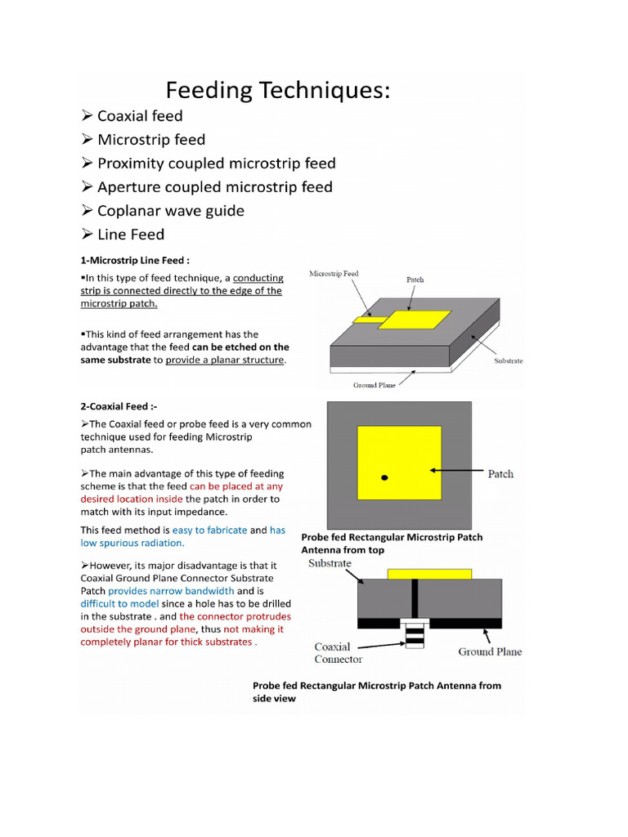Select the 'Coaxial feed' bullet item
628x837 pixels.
click(139, 116)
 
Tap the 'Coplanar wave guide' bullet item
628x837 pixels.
click(170, 211)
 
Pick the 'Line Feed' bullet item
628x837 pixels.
click(130, 235)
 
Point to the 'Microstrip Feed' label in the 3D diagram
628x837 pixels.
click(334, 274)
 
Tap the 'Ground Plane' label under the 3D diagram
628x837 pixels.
click(375, 385)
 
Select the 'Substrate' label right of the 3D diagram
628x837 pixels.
click(508, 360)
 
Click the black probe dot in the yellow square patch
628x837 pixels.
click(384, 477)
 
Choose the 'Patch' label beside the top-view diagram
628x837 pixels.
click(500, 473)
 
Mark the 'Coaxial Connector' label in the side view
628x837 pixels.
click(339, 652)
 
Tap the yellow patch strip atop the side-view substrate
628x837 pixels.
click(428, 574)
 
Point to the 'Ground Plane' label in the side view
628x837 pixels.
click(490, 651)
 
